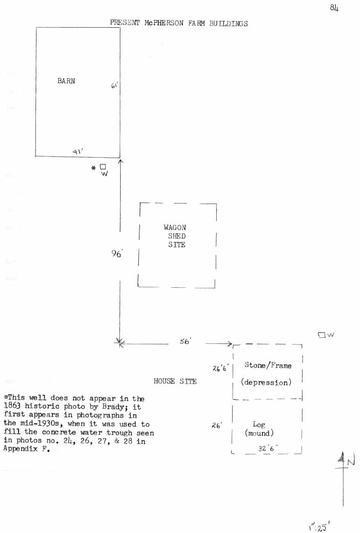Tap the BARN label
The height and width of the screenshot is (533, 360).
(66, 81)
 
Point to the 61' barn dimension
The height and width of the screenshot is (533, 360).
(114, 86)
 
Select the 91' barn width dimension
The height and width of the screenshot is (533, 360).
(78, 151)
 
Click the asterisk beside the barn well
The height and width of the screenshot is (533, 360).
(93, 168)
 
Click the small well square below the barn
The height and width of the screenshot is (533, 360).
(103, 167)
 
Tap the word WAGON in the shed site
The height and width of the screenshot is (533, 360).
(175, 228)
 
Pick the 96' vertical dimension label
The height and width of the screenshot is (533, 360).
(118, 253)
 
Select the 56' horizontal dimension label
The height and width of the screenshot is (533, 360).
(185, 341)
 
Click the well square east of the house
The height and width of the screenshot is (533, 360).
(322, 335)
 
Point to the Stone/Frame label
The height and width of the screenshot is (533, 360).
(268, 365)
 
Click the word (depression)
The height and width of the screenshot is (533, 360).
(266, 382)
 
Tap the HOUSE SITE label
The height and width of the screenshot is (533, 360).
(175, 381)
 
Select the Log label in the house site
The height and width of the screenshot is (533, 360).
(259, 425)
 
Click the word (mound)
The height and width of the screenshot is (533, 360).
(259, 433)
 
